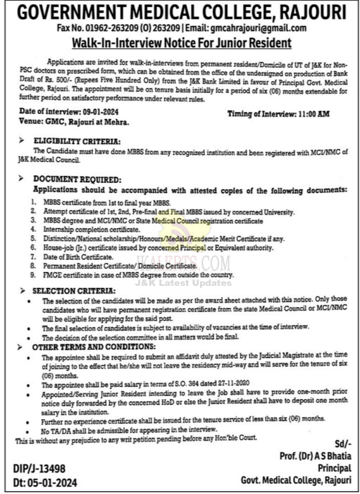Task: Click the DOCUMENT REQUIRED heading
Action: coord(75,180)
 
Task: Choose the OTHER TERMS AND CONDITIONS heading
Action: coord(87,347)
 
